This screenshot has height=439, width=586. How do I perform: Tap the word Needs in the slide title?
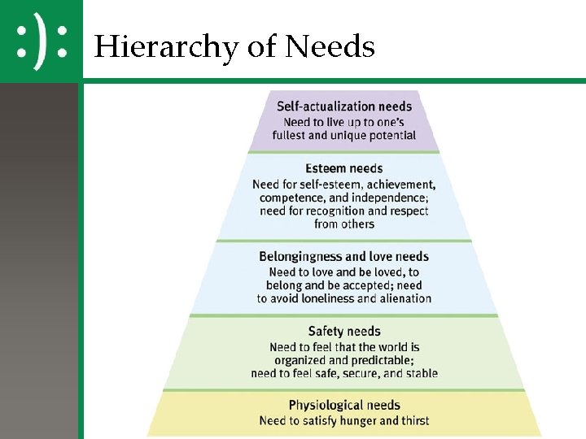(x=329, y=47)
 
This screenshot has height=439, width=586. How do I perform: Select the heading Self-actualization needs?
(x=344, y=106)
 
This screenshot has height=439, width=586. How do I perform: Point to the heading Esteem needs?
(x=343, y=169)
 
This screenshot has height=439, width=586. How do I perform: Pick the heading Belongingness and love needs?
(x=343, y=257)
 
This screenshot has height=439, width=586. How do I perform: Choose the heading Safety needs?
(x=343, y=331)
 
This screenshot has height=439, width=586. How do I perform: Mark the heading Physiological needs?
(x=344, y=405)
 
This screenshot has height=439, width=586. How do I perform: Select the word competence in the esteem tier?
(x=291, y=198)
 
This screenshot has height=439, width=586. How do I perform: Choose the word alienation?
(x=403, y=298)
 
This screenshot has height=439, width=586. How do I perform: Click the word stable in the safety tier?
(x=420, y=374)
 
